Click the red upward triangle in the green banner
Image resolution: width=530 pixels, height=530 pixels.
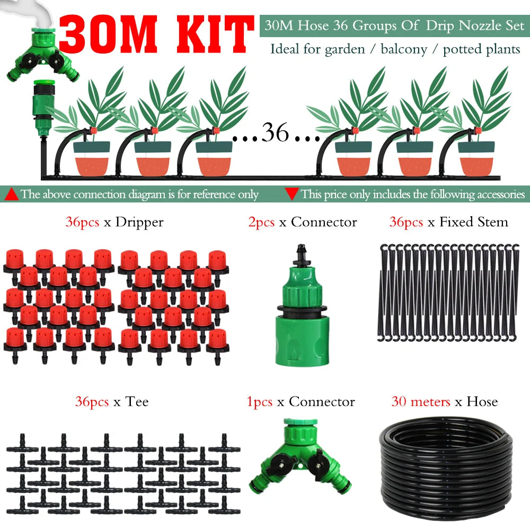click(12, 194)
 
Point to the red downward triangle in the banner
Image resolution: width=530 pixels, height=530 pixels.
click(291, 194)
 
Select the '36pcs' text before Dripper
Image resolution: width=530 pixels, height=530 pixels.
click(82, 222)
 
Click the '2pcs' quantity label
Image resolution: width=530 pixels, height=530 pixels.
click(261, 222)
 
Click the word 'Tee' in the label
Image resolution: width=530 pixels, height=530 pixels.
click(137, 402)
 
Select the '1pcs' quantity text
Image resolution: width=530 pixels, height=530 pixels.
click(260, 402)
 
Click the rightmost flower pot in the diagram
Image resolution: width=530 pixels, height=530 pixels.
click(476, 159)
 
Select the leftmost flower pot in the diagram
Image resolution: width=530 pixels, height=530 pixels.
click(92, 159)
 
